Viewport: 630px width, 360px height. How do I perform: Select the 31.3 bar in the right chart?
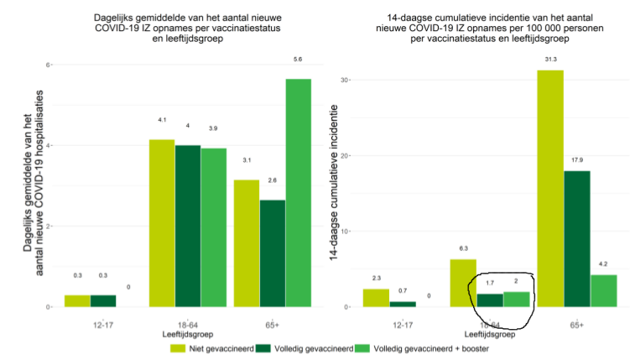[550, 188]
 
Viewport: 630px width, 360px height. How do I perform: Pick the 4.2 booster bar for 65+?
[603, 290]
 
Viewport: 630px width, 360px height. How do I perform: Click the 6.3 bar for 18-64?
[464, 283]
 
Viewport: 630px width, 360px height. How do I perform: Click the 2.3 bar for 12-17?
[376, 298]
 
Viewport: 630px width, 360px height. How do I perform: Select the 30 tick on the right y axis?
[342, 80]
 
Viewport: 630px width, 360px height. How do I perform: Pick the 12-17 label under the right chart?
[403, 324]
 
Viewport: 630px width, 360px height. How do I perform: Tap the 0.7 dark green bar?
[403, 304]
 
